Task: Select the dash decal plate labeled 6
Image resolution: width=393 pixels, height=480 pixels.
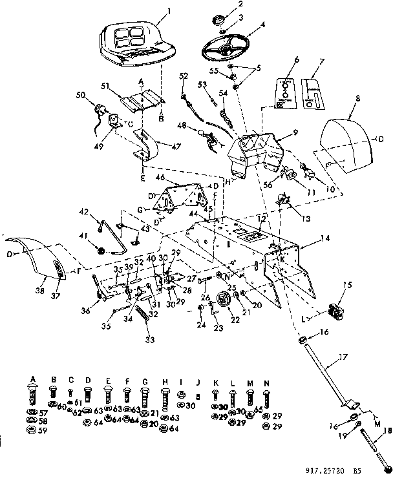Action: (284, 94)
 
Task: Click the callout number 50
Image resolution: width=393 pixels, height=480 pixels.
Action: (81, 95)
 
